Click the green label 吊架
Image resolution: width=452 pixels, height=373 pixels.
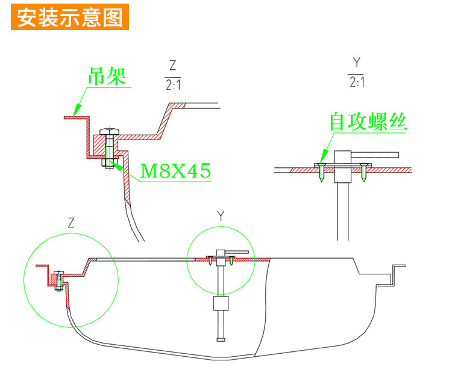pos(108,77)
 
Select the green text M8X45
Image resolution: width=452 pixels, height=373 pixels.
pos(175,171)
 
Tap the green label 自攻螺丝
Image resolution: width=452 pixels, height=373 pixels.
pos(368,122)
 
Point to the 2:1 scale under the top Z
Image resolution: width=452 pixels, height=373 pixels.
pos(173,85)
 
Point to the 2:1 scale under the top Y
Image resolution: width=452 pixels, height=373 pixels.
pos(356,82)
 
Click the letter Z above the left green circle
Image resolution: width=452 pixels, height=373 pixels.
pos(72,223)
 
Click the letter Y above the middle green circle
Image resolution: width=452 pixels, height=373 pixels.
pos(220,215)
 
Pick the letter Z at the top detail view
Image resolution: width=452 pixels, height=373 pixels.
pos(173,65)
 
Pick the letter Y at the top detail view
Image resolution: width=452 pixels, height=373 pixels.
pos(356,62)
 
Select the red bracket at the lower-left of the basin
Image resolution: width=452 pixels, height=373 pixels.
pos(43,274)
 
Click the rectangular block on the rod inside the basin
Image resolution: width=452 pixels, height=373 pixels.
pos(220,302)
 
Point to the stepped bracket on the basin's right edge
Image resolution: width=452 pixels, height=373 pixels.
pos(396,274)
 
